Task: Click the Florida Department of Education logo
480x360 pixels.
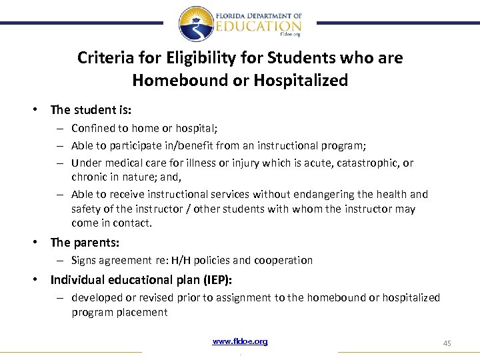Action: tap(239, 24)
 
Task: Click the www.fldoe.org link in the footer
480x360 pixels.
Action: tap(240, 341)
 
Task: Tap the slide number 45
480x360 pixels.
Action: tap(447, 343)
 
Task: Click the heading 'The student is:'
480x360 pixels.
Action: tap(91, 109)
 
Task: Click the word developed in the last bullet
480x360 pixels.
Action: tap(95, 297)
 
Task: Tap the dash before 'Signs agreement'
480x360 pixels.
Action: tap(60, 260)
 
